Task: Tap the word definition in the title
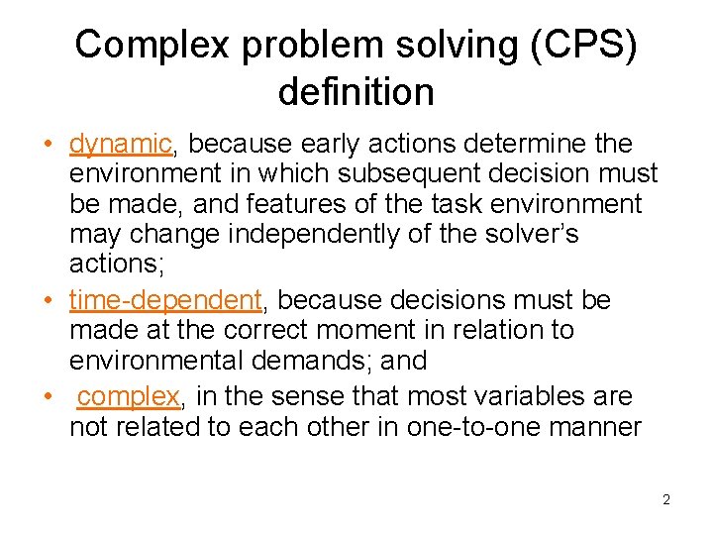pyautogui.click(x=356, y=92)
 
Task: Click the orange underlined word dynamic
pyautogui.click(x=121, y=145)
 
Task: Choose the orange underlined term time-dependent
pyautogui.click(x=165, y=299)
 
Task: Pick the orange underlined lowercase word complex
pyautogui.click(x=129, y=396)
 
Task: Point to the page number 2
pyautogui.click(x=666, y=499)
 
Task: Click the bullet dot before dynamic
pyautogui.click(x=47, y=145)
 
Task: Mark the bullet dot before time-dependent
pyautogui.click(x=47, y=299)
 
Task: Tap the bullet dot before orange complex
pyautogui.click(x=47, y=396)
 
